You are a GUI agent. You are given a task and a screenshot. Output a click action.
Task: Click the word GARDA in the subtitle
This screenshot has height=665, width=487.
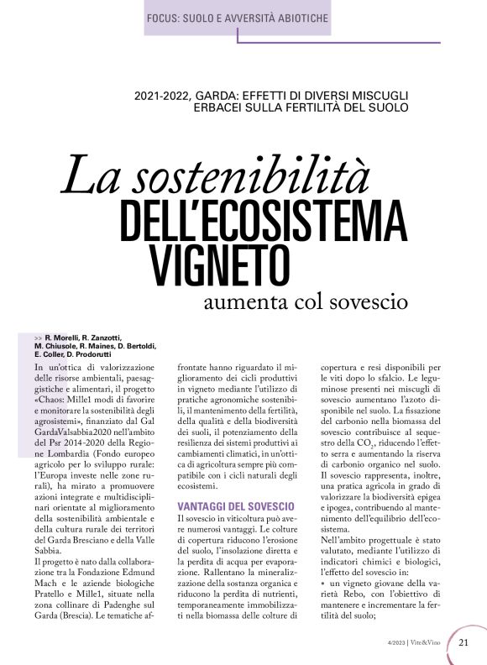203,94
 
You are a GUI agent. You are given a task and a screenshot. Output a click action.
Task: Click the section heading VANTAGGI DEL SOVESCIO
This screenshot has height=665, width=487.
235,507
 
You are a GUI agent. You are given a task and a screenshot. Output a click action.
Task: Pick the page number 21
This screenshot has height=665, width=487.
464,643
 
